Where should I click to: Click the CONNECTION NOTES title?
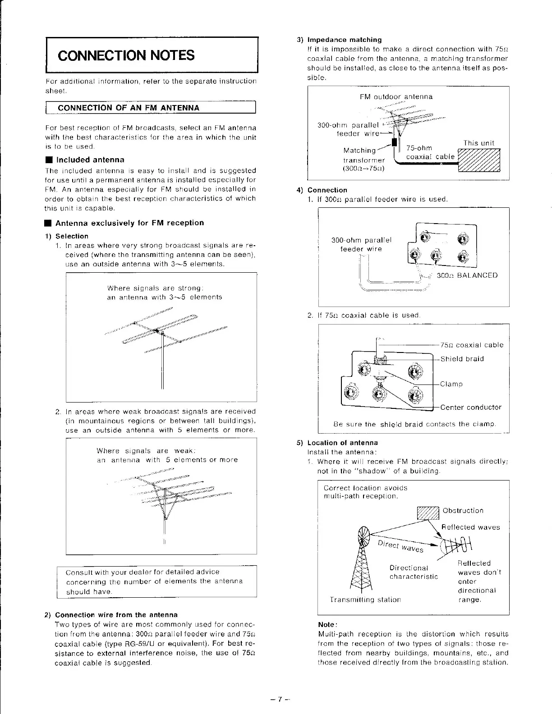point(126,55)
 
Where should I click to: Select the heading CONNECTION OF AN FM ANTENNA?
point(129,108)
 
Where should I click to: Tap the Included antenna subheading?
point(90,160)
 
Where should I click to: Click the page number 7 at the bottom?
point(280,699)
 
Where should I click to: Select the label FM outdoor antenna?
point(396,96)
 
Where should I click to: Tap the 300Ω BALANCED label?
point(467,275)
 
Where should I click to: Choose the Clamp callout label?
point(451,384)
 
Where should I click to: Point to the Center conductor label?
point(470,407)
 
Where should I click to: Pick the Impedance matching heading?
point(344,40)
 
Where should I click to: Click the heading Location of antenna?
point(342,443)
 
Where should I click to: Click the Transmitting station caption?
point(365,600)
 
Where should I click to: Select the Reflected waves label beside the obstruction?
point(470,527)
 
